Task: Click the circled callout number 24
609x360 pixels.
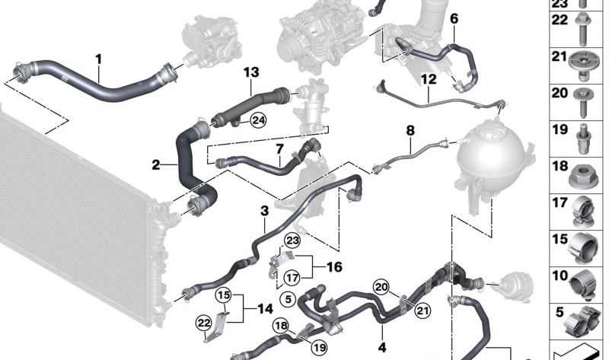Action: (x=258, y=120)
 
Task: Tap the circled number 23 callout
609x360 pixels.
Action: (x=292, y=241)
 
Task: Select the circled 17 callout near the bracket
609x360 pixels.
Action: (x=292, y=278)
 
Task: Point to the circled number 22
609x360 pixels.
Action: (x=204, y=323)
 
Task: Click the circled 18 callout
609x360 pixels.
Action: (x=281, y=327)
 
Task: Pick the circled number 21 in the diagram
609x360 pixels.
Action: (x=422, y=311)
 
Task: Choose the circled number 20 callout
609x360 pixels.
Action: (x=381, y=287)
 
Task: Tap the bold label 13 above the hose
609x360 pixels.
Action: (x=251, y=72)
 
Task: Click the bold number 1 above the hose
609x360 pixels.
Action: (x=99, y=59)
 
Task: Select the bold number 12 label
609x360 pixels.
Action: (x=429, y=79)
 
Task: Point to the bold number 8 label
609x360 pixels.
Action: (x=410, y=130)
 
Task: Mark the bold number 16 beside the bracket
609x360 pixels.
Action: (x=334, y=267)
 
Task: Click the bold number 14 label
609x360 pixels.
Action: (x=265, y=309)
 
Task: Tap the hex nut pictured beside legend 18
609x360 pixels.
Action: (x=583, y=177)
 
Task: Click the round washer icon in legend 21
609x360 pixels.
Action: (x=583, y=64)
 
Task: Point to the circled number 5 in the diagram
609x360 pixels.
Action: (x=288, y=299)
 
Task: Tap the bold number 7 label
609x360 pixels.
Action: (x=280, y=148)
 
